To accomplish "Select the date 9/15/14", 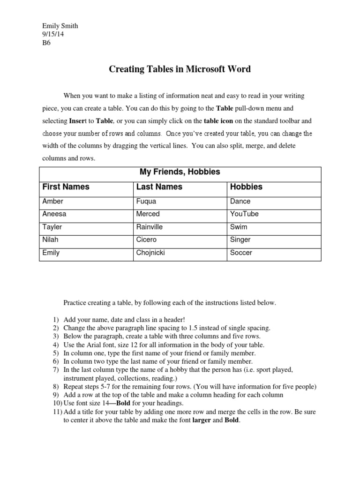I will pos(51,34).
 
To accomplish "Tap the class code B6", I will pos(46,43).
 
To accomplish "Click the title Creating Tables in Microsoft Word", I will pos(180,69).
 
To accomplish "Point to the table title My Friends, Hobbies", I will pos(180,172).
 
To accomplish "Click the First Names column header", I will pos(66,187).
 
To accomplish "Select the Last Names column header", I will pos(159,187).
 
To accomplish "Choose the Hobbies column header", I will pos(246,187).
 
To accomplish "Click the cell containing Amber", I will pos(52,201).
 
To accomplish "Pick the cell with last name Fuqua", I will pos(146,201).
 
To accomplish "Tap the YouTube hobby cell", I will pos(244,214).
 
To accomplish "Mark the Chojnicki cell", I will pos(150,253).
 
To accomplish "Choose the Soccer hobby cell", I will pos(241,253).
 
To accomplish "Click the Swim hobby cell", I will pos(239,227).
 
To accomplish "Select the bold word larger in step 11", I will pos(202,420).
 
